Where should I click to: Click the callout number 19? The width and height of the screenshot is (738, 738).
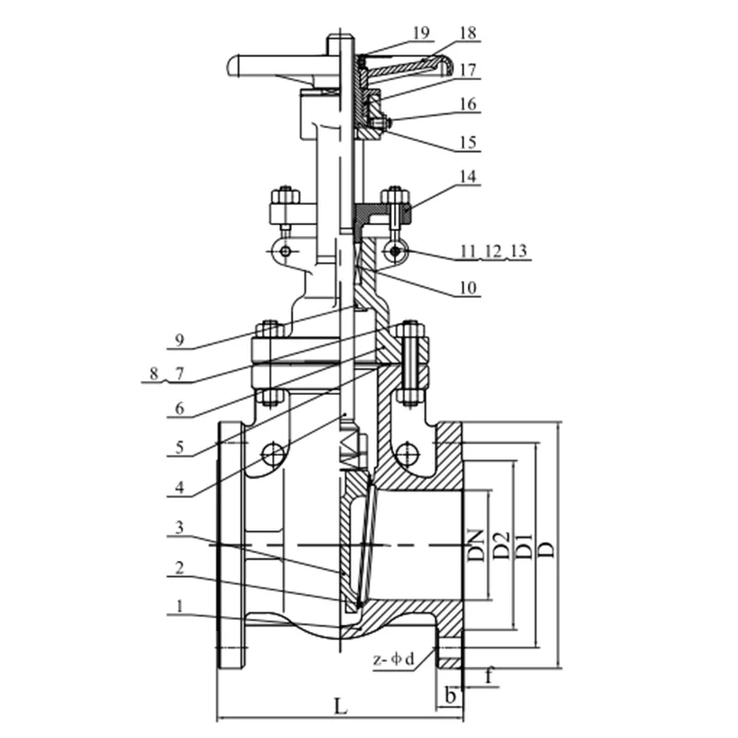click(x=421, y=33)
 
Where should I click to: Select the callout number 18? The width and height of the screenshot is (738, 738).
click(x=468, y=32)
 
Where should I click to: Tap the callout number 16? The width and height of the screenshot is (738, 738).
click(x=468, y=104)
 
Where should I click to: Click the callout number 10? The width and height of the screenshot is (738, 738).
click(x=468, y=289)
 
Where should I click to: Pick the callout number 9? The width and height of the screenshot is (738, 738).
click(x=181, y=340)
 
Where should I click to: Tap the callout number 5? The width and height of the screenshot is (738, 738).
click(x=181, y=449)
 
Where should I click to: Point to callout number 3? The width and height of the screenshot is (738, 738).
click(x=181, y=529)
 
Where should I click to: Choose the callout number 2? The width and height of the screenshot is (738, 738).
click(x=181, y=570)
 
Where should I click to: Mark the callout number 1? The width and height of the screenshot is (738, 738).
click(x=181, y=608)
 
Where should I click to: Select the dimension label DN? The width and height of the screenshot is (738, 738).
click(x=476, y=547)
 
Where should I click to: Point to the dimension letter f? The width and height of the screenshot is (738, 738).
click(x=489, y=675)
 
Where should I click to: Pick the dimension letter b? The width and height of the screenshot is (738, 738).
click(x=449, y=695)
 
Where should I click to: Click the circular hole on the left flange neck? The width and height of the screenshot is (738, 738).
click(x=273, y=453)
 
